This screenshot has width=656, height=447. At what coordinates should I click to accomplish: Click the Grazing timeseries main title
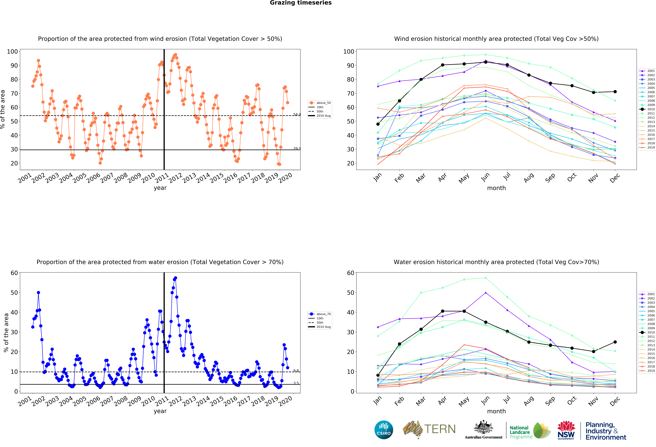tap(301, 3)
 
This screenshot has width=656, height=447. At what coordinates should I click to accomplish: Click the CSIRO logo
tap(384, 430)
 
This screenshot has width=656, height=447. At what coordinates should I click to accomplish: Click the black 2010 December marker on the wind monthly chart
tap(615, 92)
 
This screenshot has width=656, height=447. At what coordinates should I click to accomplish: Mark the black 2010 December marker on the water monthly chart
tap(615, 342)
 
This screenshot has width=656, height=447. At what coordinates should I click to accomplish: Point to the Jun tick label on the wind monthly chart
tap(486, 177)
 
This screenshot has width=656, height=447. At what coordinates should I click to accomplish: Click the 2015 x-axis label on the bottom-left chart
tap(217, 401)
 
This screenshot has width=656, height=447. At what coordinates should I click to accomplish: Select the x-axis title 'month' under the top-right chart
tap(496, 188)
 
